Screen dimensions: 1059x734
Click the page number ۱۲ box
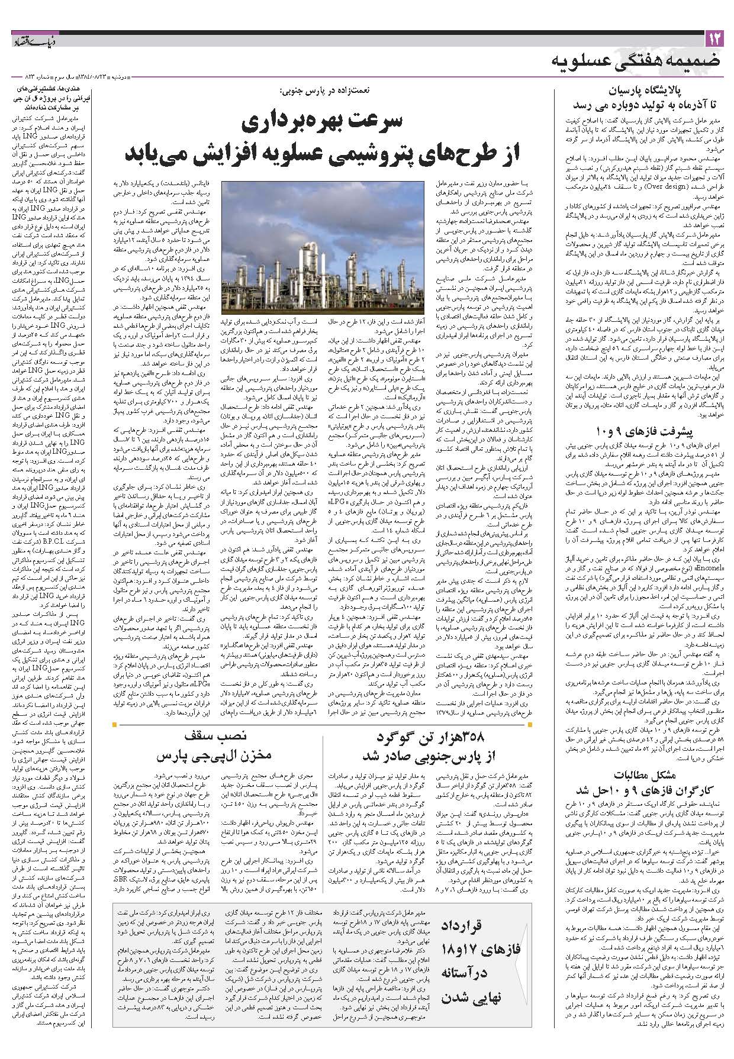(x=713, y=40)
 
